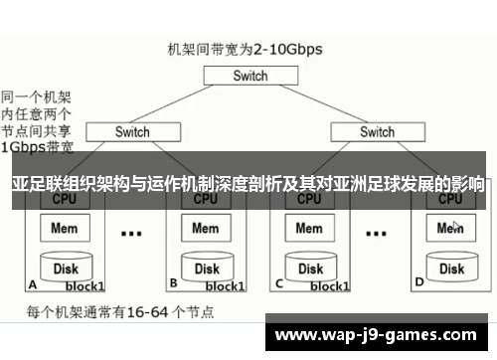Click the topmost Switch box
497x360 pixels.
coord(250,77)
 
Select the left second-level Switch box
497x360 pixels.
coord(132,131)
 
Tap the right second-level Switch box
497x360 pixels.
coord(377,131)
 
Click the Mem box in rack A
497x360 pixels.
coord(72,228)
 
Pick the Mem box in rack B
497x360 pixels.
coord(206,228)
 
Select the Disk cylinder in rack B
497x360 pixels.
coord(206,267)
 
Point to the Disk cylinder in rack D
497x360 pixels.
coord(452,267)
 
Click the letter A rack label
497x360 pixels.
coord(33,282)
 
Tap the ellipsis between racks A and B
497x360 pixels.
coord(131,234)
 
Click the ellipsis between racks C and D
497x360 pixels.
coord(377,234)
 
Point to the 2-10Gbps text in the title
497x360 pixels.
coord(288,47)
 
